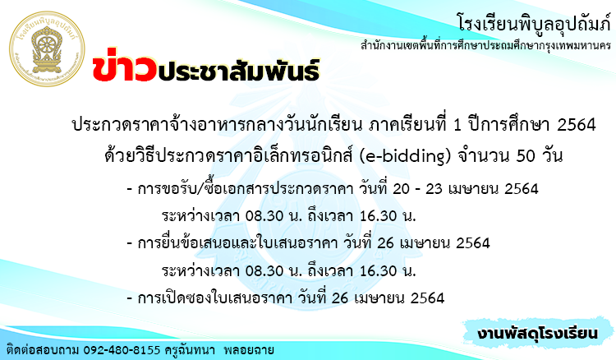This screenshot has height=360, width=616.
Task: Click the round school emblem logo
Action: click(x=47, y=48)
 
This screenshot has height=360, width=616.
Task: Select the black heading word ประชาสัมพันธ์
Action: click(x=239, y=69)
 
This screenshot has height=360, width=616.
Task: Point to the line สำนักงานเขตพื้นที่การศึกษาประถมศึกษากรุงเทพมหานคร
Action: click(x=486, y=45)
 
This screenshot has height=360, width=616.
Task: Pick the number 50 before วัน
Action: click(x=526, y=156)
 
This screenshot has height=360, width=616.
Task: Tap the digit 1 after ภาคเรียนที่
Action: click(x=457, y=125)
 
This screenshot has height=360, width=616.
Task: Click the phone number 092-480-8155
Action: click(x=122, y=350)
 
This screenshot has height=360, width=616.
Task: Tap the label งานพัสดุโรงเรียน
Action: click(x=537, y=333)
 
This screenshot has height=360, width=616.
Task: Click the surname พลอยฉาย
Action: click(x=249, y=350)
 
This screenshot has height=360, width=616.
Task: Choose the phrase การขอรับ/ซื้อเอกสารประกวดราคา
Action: click(x=246, y=189)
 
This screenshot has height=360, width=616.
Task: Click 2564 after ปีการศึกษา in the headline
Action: click(x=577, y=125)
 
